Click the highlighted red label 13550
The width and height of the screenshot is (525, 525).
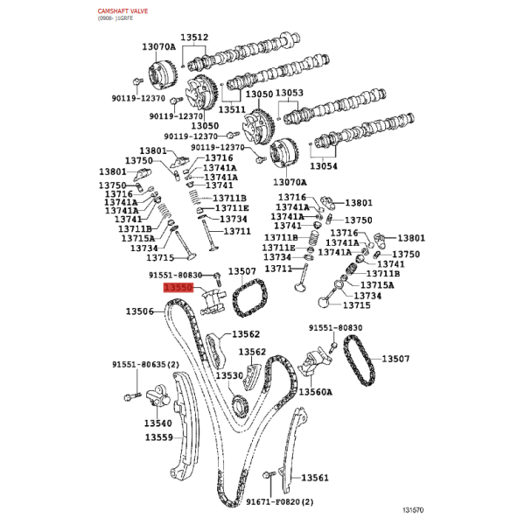pyautogui.click(x=178, y=288)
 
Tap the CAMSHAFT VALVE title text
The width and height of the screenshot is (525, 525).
pyautogui.click(x=122, y=11)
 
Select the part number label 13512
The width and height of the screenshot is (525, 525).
pyautogui.click(x=194, y=37)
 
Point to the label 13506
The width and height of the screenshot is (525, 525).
pyautogui.click(x=140, y=311)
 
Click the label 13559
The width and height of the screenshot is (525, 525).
pyautogui.click(x=159, y=437)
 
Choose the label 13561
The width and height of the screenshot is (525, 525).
pyautogui.click(x=315, y=478)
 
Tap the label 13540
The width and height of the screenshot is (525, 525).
pyautogui.click(x=158, y=423)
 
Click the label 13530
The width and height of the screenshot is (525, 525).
pyautogui.click(x=229, y=375)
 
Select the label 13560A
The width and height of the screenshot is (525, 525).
pyautogui.click(x=315, y=391)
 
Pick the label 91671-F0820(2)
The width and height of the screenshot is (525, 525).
pyautogui.click(x=280, y=501)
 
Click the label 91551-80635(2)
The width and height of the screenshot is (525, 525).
pyautogui.click(x=145, y=364)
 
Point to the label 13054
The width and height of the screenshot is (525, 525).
pyautogui.click(x=324, y=165)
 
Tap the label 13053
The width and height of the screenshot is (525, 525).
pyautogui.click(x=290, y=93)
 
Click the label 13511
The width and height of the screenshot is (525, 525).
pyautogui.click(x=232, y=109)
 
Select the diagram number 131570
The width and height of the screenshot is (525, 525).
pyautogui.click(x=413, y=510)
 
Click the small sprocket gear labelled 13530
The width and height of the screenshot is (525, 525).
pyautogui.click(x=241, y=406)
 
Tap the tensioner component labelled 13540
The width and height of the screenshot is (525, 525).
pyautogui.click(x=158, y=396)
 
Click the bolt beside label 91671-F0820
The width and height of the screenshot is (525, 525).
pyautogui.click(x=269, y=475)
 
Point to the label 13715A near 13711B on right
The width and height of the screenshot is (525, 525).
pyautogui.click(x=377, y=285)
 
